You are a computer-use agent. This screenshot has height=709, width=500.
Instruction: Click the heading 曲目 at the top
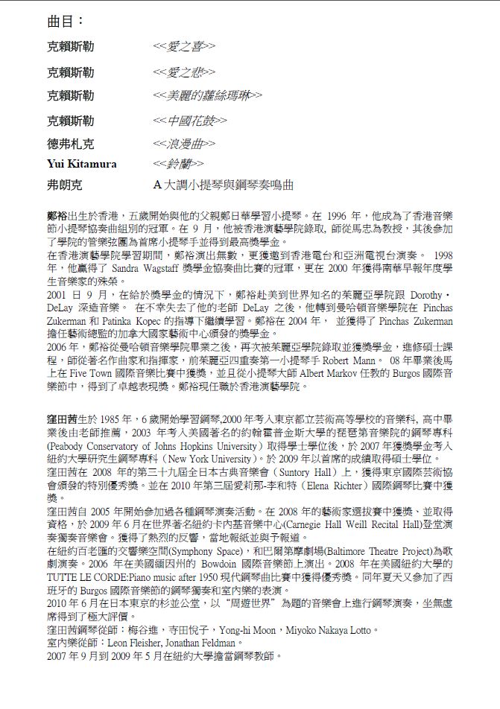click(x=65, y=21)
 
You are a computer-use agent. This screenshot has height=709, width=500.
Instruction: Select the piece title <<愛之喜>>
click(x=184, y=47)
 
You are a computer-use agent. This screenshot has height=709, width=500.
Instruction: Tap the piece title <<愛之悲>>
click(x=184, y=71)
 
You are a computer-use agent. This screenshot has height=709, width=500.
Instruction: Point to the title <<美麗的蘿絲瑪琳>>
click(x=208, y=95)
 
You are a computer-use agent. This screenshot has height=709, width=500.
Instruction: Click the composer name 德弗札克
click(x=71, y=144)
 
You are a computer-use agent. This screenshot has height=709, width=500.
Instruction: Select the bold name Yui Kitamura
click(x=82, y=163)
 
